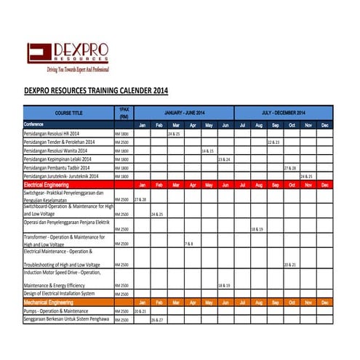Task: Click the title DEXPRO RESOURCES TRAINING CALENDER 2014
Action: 91,91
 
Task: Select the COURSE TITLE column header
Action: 68,113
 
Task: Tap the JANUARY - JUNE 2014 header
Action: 184,113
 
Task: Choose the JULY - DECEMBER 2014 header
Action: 284,113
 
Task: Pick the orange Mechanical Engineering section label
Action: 47,302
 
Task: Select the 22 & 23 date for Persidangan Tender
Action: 273,143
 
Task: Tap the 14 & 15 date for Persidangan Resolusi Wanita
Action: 207,151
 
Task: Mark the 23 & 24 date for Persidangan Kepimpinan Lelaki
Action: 224,159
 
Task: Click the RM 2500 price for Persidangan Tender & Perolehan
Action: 121,143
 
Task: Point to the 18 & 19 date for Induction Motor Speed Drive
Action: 224,286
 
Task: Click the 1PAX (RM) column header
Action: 124,113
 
